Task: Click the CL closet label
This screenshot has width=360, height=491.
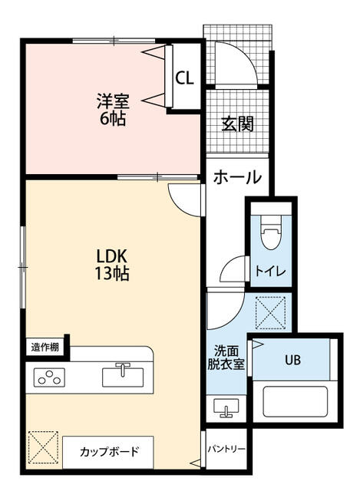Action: [x=184, y=77]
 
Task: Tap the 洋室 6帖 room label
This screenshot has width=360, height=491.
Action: [x=112, y=109]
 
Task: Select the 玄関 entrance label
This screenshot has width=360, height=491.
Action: [x=238, y=124]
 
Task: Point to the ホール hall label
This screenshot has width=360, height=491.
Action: [x=237, y=176]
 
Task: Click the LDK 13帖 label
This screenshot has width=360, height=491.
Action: [x=112, y=264]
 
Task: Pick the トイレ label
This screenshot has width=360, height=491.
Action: [x=266, y=271]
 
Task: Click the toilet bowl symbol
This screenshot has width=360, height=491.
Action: [x=269, y=232]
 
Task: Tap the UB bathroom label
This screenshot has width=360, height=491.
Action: [x=294, y=359]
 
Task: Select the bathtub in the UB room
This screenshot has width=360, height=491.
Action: [x=296, y=401]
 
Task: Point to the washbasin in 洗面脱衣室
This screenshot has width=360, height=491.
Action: [x=226, y=407]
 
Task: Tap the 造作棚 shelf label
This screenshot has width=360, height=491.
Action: [x=45, y=347]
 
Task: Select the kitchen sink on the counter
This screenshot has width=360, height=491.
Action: [x=123, y=376]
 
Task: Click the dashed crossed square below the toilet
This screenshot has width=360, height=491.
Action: [x=271, y=313]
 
